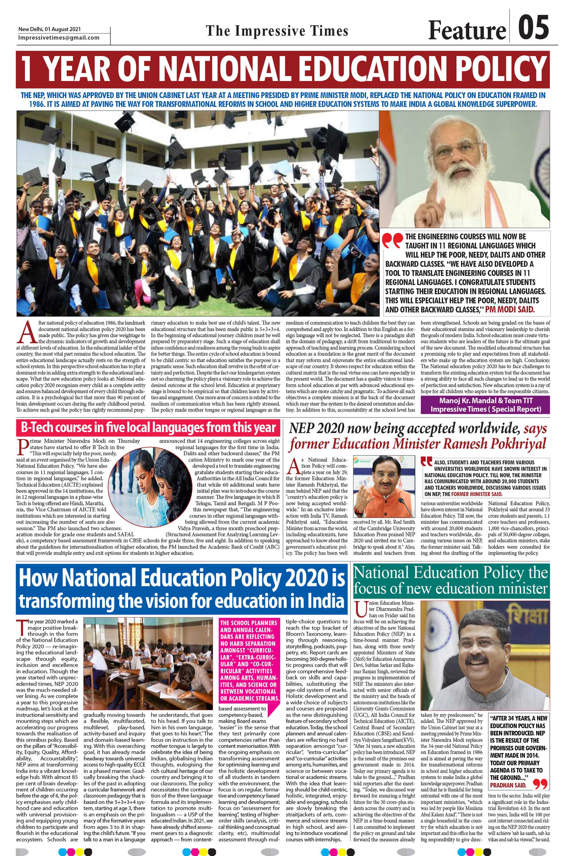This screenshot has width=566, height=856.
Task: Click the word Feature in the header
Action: [x=467, y=30]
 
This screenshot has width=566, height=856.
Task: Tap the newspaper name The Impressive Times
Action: [x=277, y=31]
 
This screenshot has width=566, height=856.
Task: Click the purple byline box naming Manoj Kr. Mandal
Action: [x=486, y=405]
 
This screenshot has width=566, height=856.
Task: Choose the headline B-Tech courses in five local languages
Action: [x=148, y=427]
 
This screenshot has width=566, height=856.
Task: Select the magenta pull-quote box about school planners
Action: [x=249, y=661]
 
